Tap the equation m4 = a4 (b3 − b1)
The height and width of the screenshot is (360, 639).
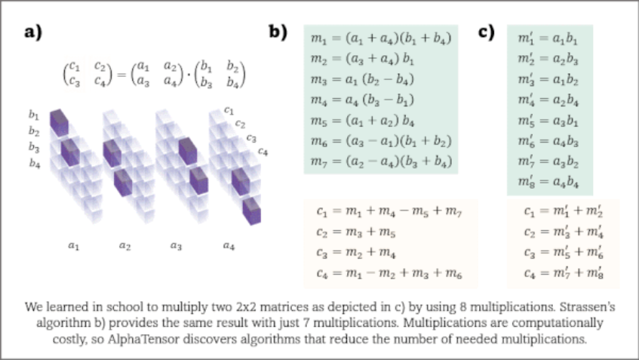pyautogui.click(x=355, y=100)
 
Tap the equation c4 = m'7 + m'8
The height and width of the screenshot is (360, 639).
pyautogui.click(x=556, y=271)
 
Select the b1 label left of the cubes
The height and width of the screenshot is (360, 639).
pyautogui.click(x=33, y=115)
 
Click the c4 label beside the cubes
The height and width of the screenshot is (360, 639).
pyautogui.click(x=263, y=152)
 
